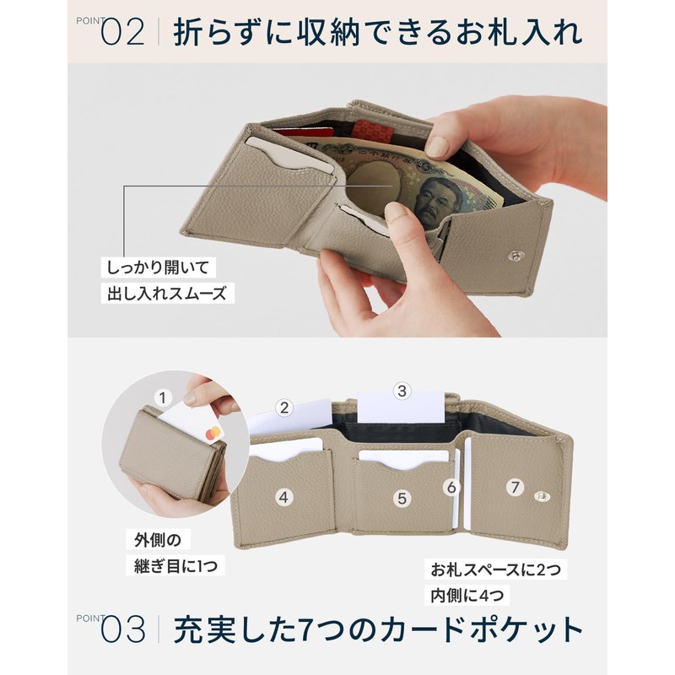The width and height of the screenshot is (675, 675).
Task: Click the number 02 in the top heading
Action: [x=123, y=34]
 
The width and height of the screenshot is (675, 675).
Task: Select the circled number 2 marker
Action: [x=284, y=408]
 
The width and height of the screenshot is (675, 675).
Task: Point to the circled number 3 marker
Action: [x=402, y=390]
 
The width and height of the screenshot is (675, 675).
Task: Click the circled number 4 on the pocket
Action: [x=284, y=498]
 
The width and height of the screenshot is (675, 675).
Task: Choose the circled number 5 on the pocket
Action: [x=402, y=498]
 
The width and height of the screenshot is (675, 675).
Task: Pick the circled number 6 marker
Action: [x=451, y=487]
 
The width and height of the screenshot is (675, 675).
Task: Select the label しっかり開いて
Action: [x=158, y=267]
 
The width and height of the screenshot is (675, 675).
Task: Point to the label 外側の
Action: [x=158, y=538]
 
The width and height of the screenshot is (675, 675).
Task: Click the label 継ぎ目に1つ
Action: [x=175, y=564]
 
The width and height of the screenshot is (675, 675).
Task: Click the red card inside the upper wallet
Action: [x=295, y=133]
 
